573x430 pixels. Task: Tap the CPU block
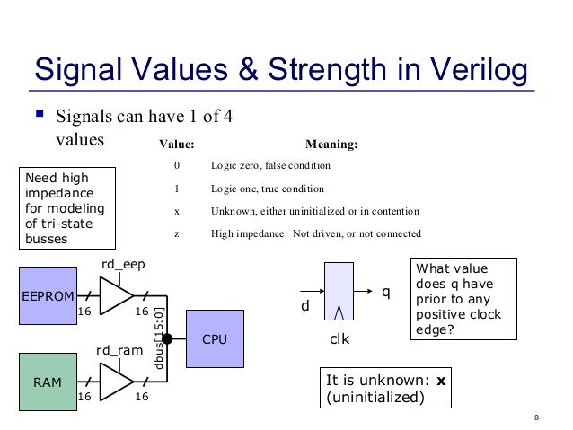[215, 340]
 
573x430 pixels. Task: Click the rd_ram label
[118, 350]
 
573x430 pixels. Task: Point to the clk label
[339, 342]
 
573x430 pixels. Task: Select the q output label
[387, 292]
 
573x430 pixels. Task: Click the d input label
[304, 306]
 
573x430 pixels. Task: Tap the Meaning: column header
[332, 143]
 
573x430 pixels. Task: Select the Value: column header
[176, 143]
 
